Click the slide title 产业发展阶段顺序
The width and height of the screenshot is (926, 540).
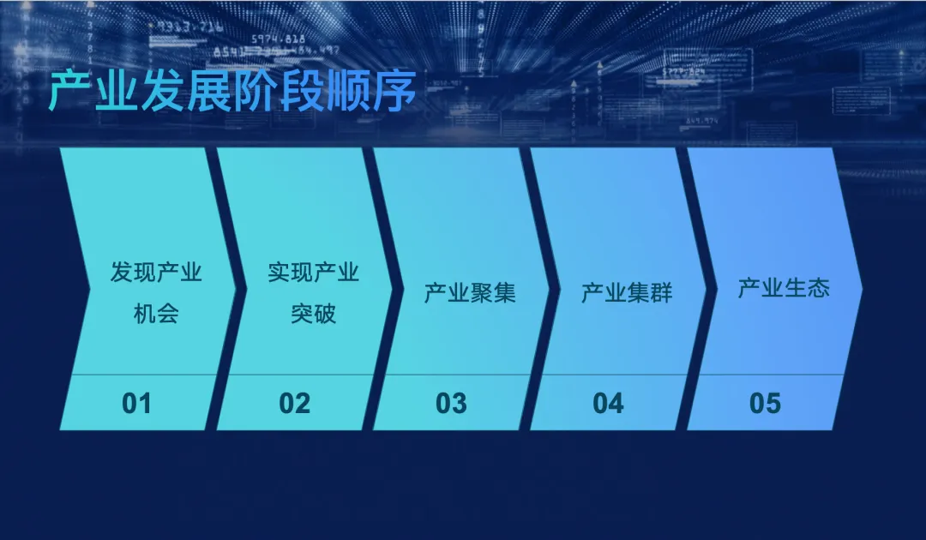pyautogui.click(x=232, y=92)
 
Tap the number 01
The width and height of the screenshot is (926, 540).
pyautogui.click(x=137, y=404)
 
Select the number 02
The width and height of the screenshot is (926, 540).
pyautogui.click(x=295, y=404)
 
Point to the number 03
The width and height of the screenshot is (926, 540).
pyautogui.click(x=451, y=404)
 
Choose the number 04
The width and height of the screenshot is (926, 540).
pyautogui.click(x=608, y=404)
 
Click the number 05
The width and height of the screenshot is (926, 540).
pyautogui.click(x=766, y=404)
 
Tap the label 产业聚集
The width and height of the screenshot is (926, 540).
pyautogui.click(x=470, y=293)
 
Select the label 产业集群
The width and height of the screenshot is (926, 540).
pyautogui.click(x=627, y=293)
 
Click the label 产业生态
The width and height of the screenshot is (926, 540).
pyautogui.click(x=785, y=288)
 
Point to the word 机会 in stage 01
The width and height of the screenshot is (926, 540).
pyautogui.click(x=157, y=314)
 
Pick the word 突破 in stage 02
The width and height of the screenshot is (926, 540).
pyautogui.click(x=314, y=314)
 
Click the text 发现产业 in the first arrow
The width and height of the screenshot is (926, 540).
pyautogui.click(x=157, y=272)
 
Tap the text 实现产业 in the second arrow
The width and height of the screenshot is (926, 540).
pyautogui.click(x=314, y=272)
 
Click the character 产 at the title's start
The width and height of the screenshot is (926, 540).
pyautogui.click(x=69, y=92)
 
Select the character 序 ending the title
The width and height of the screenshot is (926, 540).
pyautogui.click(x=394, y=92)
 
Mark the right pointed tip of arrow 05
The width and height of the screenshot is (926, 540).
pyautogui.click(x=862, y=289)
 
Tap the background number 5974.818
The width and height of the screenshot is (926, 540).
pyautogui.click(x=279, y=39)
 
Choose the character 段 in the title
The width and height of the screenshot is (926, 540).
pyautogui.click(x=302, y=92)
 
